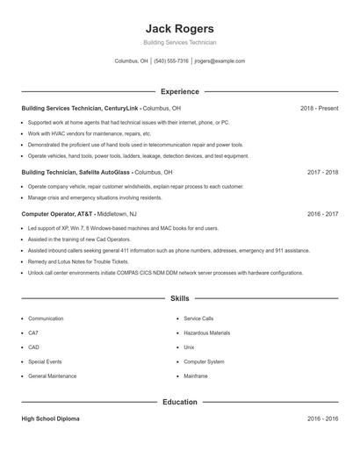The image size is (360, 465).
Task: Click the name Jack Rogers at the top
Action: pyautogui.click(x=179, y=28)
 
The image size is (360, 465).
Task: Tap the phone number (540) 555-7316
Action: pyautogui.click(x=171, y=61)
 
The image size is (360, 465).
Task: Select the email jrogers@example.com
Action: pyautogui.click(x=220, y=61)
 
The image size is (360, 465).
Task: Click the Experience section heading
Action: pyautogui.click(x=179, y=91)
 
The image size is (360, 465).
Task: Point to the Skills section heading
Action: pyautogui.click(x=179, y=299)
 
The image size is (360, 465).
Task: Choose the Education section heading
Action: pyautogui.click(x=179, y=402)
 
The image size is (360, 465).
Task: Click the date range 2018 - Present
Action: pyautogui.click(x=319, y=108)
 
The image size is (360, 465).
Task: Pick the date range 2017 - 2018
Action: pyautogui.click(x=322, y=173)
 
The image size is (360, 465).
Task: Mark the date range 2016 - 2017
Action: pyautogui.click(x=322, y=213)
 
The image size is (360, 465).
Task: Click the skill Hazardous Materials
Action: pyautogui.click(x=206, y=333)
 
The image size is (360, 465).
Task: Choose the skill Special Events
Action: pyautogui.click(x=45, y=361)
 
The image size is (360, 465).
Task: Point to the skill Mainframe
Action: pyautogui.click(x=196, y=376)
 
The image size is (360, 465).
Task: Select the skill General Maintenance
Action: pyautogui.click(x=52, y=376)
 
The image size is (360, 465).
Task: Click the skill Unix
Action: pyautogui.click(x=189, y=347)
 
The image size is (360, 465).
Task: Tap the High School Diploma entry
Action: pyautogui.click(x=50, y=418)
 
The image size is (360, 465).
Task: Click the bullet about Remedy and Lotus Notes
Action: pyautogui.click(x=78, y=261)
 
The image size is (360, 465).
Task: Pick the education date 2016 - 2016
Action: pyautogui.click(x=322, y=418)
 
